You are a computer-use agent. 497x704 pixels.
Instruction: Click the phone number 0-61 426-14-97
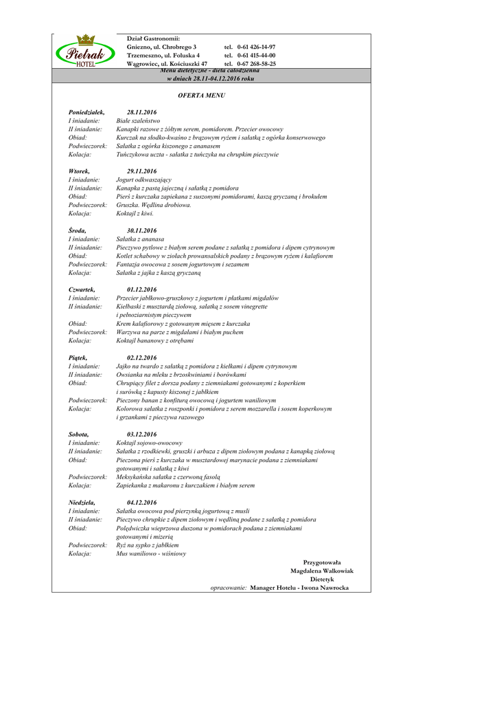pos(256,47)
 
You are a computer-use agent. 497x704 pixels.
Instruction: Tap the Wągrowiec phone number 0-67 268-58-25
pos(256,63)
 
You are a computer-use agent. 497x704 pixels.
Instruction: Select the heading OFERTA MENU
pos(201,95)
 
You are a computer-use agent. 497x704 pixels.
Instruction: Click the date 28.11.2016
pos(141,112)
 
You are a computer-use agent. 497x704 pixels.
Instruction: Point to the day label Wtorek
pos(79,171)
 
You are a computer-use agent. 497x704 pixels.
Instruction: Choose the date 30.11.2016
pos(141,230)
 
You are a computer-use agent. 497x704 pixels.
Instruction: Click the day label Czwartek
pos(82,289)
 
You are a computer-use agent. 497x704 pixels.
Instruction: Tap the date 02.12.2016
pos(141,357)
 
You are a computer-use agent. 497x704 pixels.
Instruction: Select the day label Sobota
pos(78,434)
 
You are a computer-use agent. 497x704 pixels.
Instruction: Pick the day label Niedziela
pos(81,503)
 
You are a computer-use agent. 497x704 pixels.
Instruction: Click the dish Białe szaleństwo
pos(138,120)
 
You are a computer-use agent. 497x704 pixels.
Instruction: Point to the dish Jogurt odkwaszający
pos(139,179)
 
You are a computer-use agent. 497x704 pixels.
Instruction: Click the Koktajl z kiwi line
pos(135,214)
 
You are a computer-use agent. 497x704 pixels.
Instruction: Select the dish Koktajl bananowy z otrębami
pos(155,340)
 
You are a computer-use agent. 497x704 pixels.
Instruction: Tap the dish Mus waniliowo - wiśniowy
pos(151,553)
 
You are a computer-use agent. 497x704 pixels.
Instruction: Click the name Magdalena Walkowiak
pos(322,571)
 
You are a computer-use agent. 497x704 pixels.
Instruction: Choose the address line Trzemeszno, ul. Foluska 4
pos(163,55)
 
